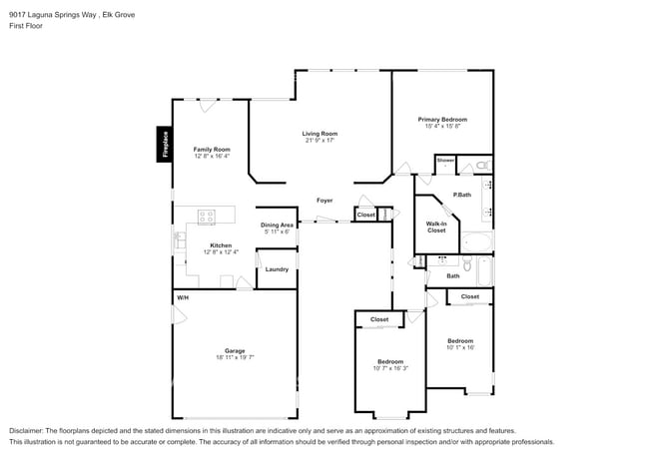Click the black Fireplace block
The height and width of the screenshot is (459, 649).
164,145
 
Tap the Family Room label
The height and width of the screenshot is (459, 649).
212,149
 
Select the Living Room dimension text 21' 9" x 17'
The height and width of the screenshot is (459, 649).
321,141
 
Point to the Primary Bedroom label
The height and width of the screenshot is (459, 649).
442,119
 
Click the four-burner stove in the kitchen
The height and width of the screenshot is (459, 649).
208,215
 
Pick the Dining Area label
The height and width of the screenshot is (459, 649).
277,225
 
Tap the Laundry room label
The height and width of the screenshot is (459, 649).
277,269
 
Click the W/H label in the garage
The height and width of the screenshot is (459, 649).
183,297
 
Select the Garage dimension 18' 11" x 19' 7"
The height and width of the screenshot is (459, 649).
235,357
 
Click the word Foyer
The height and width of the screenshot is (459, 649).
324,201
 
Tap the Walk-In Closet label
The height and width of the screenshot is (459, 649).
436,227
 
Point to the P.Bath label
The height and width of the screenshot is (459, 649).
461,195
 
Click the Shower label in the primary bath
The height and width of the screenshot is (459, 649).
445,160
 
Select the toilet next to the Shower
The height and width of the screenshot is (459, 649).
480,164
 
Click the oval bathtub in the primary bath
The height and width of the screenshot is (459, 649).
476,242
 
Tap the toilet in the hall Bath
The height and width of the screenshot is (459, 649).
419,261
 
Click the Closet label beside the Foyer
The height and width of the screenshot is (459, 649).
365,215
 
